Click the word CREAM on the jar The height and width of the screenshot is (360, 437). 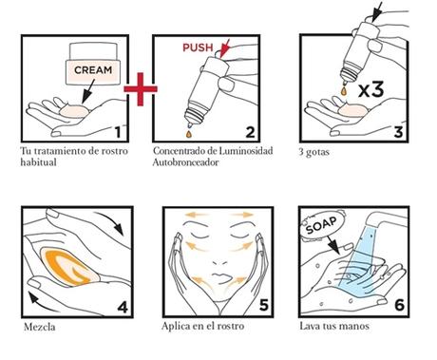pyautogui.click(x=93, y=69)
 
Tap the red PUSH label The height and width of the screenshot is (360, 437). pyautogui.click(x=198, y=47)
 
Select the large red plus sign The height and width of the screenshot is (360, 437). pyautogui.click(x=141, y=89)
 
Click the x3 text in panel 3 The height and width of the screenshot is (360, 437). pyautogui.click(x=371, y=89)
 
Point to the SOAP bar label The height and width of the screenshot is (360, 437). pyautogui.click(x=321, y=225)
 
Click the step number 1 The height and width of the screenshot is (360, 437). pyautogui.click(x=118, y=132)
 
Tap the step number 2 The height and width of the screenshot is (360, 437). pyautogui.click(x=250, y=132)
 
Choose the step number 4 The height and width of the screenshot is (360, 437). pyautogui.click(x=123, y=307)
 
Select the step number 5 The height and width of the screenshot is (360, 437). pyautogui.click(x=263, y=305)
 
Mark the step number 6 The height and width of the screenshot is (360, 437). pyautogui.click(x=399, y=305)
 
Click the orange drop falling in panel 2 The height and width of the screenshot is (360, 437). pyautogui.click(x=189, y=134)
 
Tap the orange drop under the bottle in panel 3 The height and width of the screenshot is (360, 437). pyautogui.click(x=344, y=90)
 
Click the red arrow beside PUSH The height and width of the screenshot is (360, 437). pyautogui.click(x=225, y=48)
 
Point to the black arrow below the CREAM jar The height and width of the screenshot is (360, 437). pyautogui.click(x=88, y=91)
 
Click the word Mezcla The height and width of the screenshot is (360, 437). pyautogui.click(x=40, y=327)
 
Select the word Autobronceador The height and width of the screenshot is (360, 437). pyautogui.click(x=185, y=162)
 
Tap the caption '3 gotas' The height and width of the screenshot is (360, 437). pyautogui.click(x=313, y=152)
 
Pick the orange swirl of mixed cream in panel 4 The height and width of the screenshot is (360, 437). pyautogui.click(x=70, y=266)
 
